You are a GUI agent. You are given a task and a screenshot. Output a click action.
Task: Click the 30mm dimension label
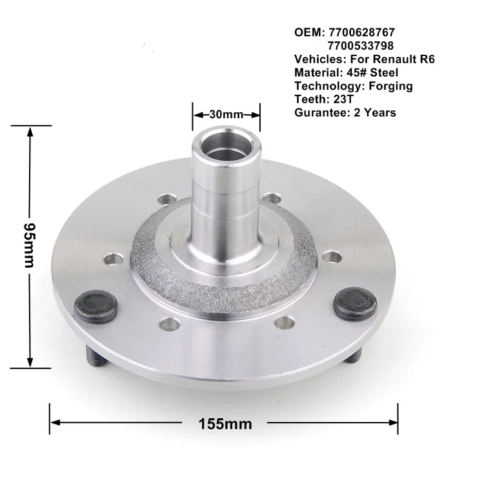tap(226, 114)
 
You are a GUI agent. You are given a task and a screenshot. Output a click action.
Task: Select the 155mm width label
tap(225, 424)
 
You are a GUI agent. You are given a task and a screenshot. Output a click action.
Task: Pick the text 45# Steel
tap(374, 72)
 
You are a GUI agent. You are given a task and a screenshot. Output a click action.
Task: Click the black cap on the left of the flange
tap(96, 305)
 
